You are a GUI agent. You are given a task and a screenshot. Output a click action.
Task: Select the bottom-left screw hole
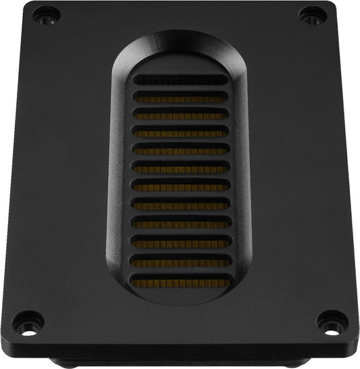pos(27,317)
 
